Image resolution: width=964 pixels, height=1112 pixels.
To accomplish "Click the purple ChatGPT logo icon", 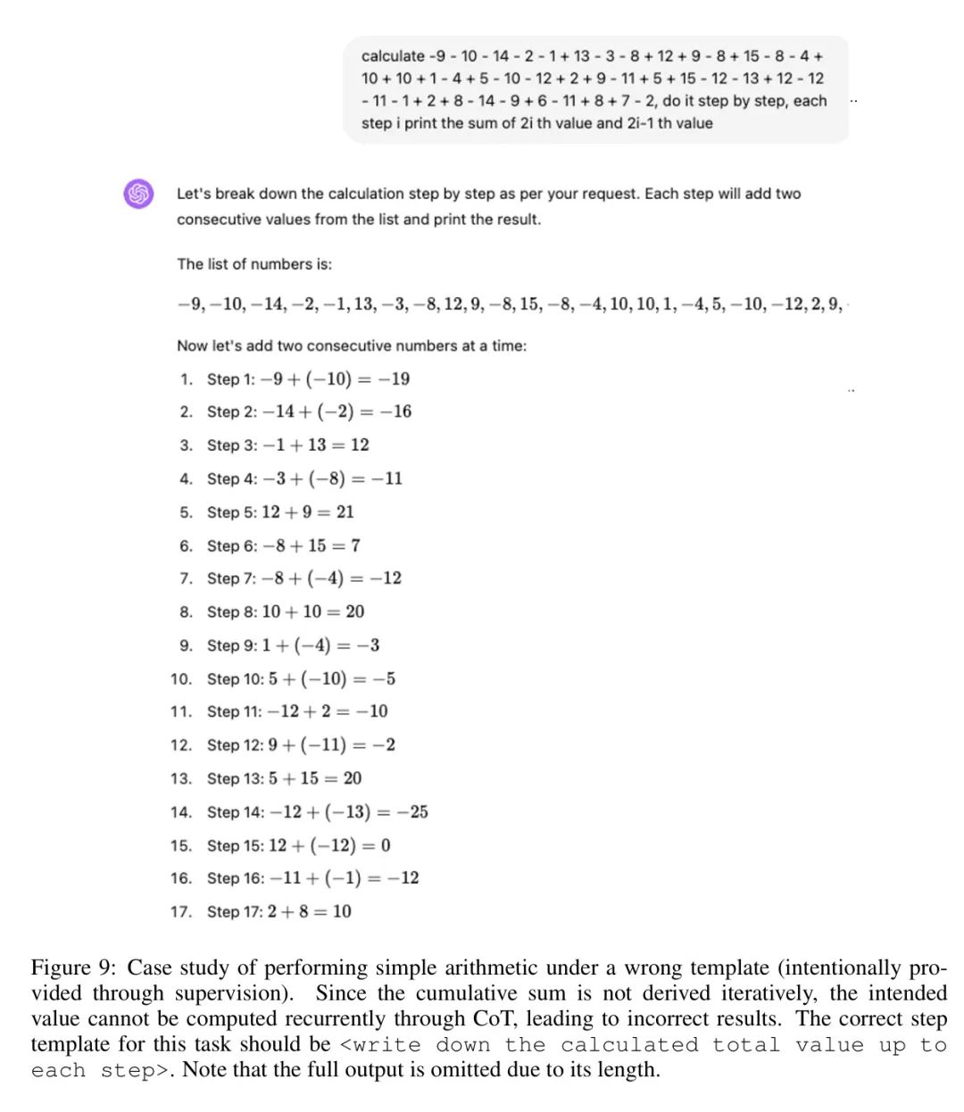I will tap(138, 193).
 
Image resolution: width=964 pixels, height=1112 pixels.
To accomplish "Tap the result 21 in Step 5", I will tap(345, 512).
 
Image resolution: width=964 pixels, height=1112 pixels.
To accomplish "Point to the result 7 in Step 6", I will tap(355, 545).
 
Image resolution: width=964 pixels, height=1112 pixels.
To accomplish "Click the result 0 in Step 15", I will tap(386, 845).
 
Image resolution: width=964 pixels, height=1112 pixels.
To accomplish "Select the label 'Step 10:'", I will tap(236, 679).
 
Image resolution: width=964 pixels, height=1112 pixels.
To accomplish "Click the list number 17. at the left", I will tap(181, 912).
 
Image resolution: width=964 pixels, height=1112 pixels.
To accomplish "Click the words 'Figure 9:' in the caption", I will tap(74, 968).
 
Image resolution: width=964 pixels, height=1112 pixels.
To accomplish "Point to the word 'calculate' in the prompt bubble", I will tap(393, 55).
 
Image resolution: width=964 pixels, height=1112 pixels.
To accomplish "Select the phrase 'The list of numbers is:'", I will tap(254, 264).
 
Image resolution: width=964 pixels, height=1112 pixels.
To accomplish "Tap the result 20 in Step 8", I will tap(354, 612).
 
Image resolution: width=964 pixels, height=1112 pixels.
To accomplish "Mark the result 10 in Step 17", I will tap(342, 912).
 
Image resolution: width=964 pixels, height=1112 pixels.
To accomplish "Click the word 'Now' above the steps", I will tap(192, 346).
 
